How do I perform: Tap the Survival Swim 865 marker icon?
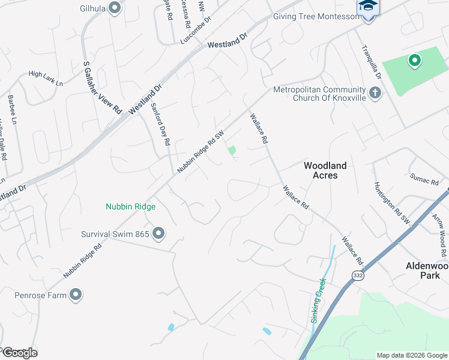pyautogui.click(x=158, y=233)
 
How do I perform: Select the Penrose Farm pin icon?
pyautogui.click(x=76, y=295)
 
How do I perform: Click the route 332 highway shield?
pyautogui.click(x=358, y=275)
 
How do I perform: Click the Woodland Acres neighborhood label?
pyautogui.click(x=325, y=170)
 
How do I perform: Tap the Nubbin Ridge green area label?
pyautogui.click(x=130, y=206)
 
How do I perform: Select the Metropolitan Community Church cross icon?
pyautogui.click(x=375, y=93)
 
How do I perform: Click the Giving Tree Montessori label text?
pyautogui.click(x=316, y=16)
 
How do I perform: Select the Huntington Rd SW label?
pyautogui.click(x=392, y=203)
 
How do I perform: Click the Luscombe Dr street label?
pyautogui.click(x=196, y=29)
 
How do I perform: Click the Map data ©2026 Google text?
pyautogui.click(x=412, y=355)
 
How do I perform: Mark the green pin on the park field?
pyautogui.click(x=414, y=60)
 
